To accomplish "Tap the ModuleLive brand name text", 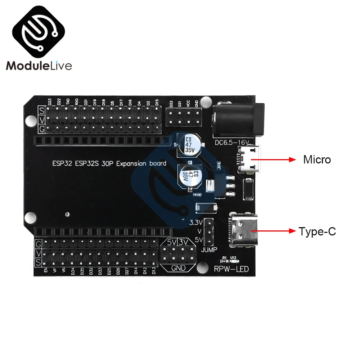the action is tap(39, 66).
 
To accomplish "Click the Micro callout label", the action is tap(317, 159).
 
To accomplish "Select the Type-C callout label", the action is tap(317, 231).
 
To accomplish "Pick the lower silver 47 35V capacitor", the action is tap(190, 177).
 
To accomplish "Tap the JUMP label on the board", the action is tap(209, 249).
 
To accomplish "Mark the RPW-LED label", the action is tap(231, 269).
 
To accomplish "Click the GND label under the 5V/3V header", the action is tap(178, 268).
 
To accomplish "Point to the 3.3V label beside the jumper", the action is tap(196, 222).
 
